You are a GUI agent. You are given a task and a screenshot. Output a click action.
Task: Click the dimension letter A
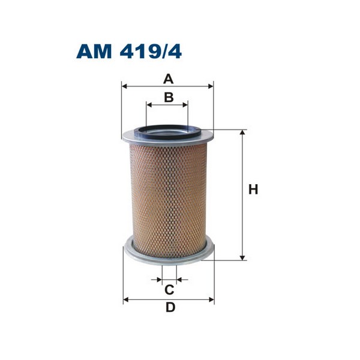click(x=169, y=79)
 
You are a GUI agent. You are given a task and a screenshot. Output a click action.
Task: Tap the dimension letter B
click(x=169, y=97)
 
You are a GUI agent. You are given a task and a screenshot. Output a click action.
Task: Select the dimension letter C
click(x=169, y=290)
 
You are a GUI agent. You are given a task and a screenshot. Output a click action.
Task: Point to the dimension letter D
click(x=170, y=308)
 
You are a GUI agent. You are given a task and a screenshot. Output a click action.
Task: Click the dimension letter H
click(x=253, y=190)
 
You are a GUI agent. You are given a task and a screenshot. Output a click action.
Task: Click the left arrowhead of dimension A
click(x=124, y=86)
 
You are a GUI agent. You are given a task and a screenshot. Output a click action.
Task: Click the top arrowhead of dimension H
click(x=242, y=133)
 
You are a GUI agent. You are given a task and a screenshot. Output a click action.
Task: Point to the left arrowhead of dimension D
click(x=125, y=299)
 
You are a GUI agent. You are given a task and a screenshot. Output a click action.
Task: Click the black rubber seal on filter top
click(x=168, y=128)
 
